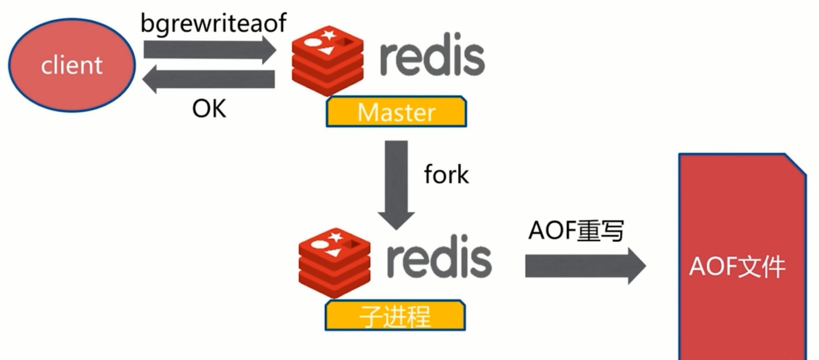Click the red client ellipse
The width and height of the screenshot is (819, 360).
pos(71,64)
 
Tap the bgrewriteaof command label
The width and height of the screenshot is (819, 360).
pos(214,23)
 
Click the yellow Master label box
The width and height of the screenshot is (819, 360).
pos(396,112)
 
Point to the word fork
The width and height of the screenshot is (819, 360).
pos(446,174)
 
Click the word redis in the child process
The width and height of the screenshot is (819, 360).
pos(439,258)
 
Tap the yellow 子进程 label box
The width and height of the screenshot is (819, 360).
pos(395,315)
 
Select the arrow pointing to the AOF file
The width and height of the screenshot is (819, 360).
pos(585,266)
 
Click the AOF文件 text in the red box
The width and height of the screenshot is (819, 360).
pos(737,267)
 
